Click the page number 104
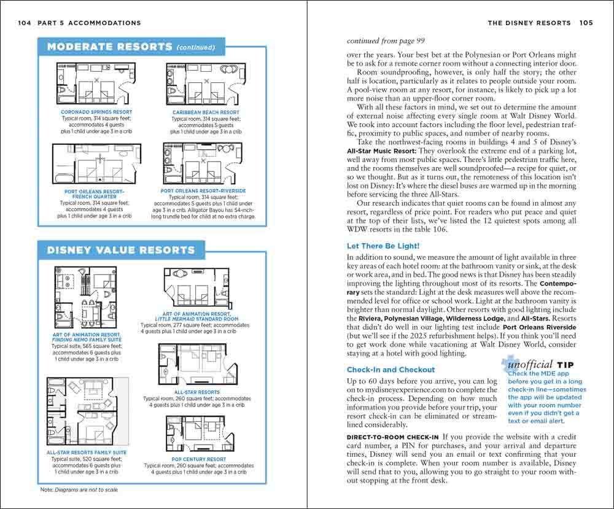(25, 23)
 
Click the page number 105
(586, 23)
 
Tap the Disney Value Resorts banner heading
(121, 250)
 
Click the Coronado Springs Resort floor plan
(96, 84)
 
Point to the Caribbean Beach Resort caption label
(206, 112)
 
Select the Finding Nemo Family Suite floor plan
(86, 299)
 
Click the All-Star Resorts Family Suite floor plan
(87, 411)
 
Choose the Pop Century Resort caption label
(200, 459)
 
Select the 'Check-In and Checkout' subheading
(391, 370)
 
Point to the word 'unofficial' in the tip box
(530, 365)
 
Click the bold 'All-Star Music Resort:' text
(381, 150)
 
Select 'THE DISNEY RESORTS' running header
(529, 23)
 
